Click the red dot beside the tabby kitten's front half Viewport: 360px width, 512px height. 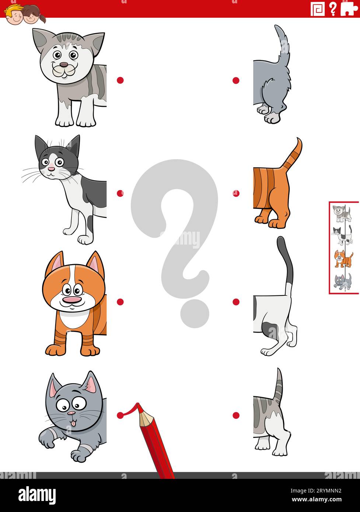pos(120,80)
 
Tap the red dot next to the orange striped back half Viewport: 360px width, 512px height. pos(236,193)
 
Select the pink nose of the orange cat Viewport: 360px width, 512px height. pos(71,299)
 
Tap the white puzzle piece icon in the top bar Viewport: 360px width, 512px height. pos(348,8)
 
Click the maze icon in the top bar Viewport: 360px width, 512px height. pos(317,8)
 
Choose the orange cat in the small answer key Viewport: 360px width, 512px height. pos(343,259)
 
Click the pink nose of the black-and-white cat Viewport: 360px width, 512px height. pos(51,169)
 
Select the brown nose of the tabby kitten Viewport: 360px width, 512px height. pos(64,65)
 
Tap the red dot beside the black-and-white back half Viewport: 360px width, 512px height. pos(236,302)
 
